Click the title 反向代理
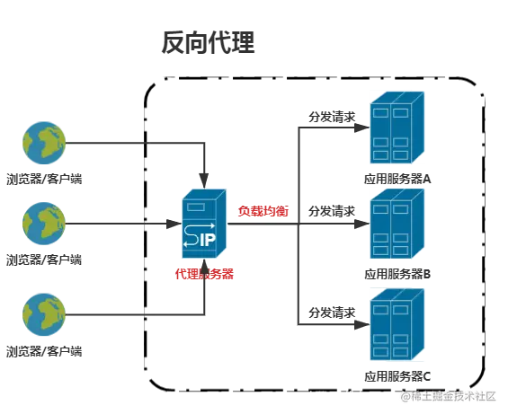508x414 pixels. (x=208, y=42)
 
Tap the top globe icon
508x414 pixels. (x=44, y=143)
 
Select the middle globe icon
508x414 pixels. (x=44, y=224)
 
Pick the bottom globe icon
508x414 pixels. (x=44, y=314)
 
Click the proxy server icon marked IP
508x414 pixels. (x=204, y=224)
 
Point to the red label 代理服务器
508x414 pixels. (x=204, y=274)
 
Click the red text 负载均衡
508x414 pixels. (x=263, y=211)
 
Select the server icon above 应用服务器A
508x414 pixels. (x=397, y=128)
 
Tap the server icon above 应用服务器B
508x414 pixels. (x=397, y=224)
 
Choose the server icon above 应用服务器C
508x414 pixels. (x=397, y=325)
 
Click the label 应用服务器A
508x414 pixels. (x=397, y=179)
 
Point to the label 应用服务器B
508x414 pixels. (x=397, y=274)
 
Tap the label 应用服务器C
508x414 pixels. (x=397, y=376)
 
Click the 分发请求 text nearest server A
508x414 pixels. (x=332, y=117)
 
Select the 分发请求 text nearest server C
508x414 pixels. (x=332, y=313)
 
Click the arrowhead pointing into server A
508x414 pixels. (x=362, y=128)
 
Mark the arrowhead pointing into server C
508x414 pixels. (x=362, y=325)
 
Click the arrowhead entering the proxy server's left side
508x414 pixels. (x=174, y=224)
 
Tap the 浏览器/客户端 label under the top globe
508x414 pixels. (x=44, y=179)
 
